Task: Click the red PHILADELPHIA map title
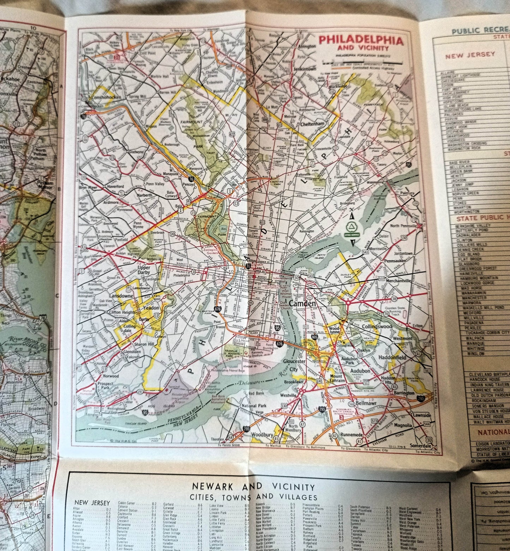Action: click(361, 41)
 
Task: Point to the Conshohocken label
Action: click(106, 97)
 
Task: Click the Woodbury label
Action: click(262, 435)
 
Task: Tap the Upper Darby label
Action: click(144, 270)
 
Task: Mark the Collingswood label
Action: click(377, 327)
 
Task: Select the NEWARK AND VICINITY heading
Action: click(253, 487)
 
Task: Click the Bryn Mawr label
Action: click(88, 188)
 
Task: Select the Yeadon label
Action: click(152, 308)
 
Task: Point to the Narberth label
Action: click(145, 195)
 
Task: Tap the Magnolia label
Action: click(403, 426)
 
